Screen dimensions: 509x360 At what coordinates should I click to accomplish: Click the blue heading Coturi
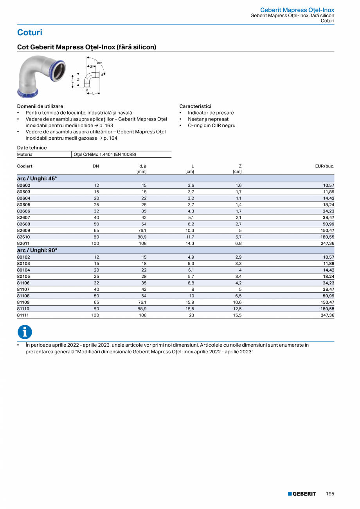(30, 32)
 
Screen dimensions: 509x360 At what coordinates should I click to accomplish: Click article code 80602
(24, 185)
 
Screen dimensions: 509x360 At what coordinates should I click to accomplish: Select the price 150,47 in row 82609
(326, 230)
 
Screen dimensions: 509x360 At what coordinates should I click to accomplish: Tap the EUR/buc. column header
(325, 166)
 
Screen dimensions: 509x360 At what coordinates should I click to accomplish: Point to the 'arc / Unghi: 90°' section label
(37, 250)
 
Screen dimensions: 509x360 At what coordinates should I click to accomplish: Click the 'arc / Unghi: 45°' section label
(37, 178)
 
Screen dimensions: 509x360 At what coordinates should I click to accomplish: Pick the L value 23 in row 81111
(191, 315)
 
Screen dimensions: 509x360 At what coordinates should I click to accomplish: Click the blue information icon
(25, 332)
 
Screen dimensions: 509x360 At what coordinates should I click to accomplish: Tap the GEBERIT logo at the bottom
(302, 494)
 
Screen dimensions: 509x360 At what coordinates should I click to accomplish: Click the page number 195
(330, 494)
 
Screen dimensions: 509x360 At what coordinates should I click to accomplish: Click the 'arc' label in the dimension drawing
(100, 63)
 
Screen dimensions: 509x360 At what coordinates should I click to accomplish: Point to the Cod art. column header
(25, 166)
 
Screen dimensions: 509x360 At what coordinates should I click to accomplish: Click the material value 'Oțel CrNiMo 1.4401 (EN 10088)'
(104, 155)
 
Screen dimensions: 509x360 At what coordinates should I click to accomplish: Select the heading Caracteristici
(195, 106)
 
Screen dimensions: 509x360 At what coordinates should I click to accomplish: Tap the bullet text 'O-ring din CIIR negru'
(211, 126)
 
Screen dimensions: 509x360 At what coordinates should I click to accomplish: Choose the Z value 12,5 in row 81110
(238, 309)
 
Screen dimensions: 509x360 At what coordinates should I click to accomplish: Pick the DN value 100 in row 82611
(95, 243)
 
